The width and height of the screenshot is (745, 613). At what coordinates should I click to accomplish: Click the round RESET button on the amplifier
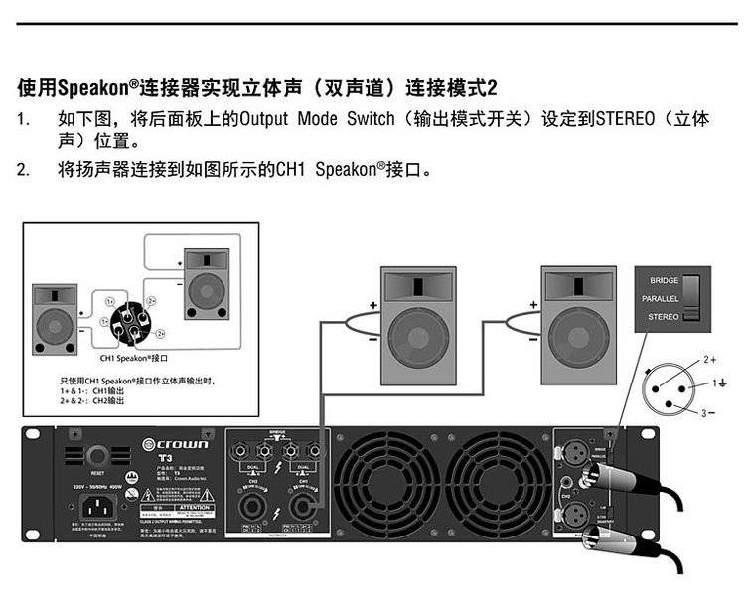98,456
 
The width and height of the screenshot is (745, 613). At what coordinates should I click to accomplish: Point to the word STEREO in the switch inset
664,317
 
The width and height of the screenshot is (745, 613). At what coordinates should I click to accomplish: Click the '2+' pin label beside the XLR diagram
710,356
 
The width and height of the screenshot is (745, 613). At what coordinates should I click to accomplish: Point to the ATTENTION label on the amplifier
194,506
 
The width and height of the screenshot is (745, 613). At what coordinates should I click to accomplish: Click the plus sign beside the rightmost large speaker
533,303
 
